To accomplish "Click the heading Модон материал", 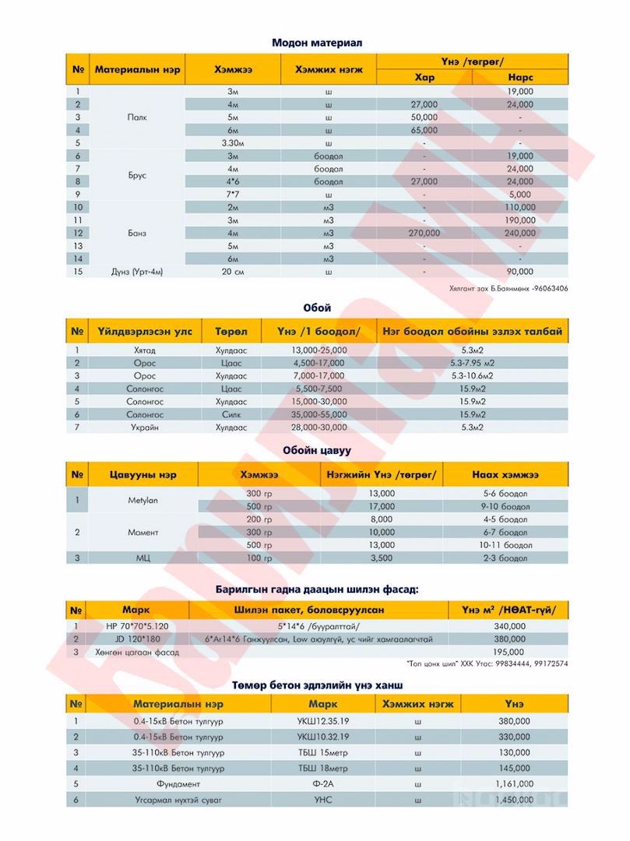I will (317, 43).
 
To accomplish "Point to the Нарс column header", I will (519, 78).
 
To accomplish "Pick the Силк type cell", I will (231, 415).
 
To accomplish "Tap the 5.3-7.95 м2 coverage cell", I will (473, 363).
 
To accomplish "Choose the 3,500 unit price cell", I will (381, 558).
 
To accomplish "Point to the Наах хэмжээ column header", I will (505, 474).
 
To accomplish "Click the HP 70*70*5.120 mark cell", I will (137, 625).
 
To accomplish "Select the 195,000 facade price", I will (509, 652).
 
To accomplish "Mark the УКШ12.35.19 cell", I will (323, 722).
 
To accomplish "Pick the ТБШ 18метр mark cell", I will (323, 768).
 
